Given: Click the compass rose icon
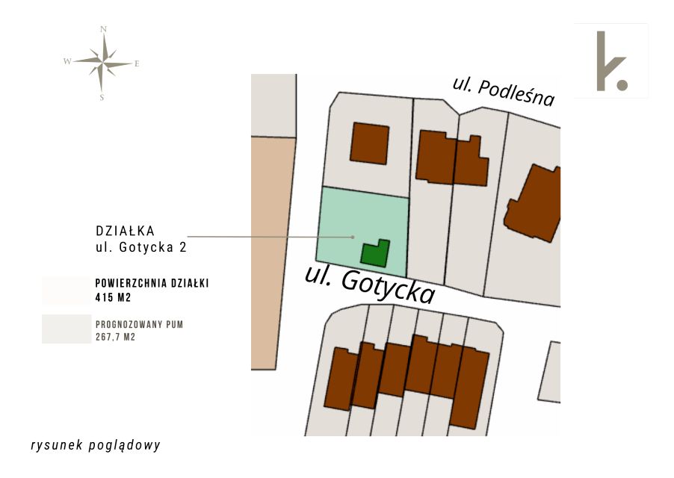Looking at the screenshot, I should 103,63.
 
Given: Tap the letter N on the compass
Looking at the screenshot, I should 103,29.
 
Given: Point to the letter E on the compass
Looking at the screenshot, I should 137,64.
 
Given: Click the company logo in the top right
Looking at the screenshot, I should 611,61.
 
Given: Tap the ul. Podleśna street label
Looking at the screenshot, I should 504,91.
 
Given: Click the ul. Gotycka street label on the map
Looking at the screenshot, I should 369,285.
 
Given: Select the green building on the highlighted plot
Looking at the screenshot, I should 375,253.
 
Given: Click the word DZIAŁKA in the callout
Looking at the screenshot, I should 125,230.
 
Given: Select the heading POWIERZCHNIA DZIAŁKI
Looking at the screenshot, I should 152,284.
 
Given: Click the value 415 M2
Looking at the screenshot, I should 113,297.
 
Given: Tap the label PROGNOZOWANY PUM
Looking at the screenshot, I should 139,325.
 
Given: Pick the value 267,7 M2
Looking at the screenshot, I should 115,338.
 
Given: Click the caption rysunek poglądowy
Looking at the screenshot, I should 96,445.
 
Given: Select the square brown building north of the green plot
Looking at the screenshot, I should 369,143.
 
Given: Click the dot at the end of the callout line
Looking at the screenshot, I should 353,238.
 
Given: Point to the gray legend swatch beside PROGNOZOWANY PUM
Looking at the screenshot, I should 66,329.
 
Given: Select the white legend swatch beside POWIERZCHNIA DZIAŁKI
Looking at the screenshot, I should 66,290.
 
